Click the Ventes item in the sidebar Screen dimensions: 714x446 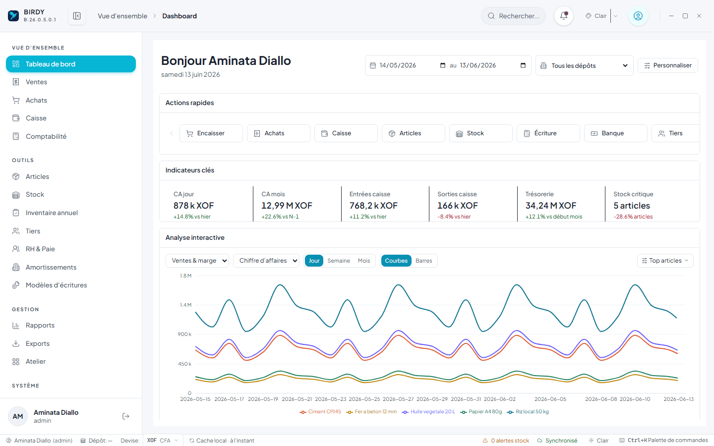point(36,82)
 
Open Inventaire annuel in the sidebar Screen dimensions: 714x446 point(52,213)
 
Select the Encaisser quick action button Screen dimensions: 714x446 point(211,133)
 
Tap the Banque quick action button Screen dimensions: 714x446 point(615,133)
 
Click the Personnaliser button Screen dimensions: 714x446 point(668,65)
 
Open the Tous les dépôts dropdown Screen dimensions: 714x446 point(584,65)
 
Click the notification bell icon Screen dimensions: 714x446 point(564,16)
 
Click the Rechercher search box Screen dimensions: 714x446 point(513,16)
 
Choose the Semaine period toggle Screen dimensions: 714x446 point(339,261)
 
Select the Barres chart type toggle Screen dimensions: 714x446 point(423,261)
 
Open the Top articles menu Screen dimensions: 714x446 point(665,261)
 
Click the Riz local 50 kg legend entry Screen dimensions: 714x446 point(528,412)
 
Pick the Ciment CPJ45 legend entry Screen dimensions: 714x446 point(320,412)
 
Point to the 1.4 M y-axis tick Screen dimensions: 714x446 point(185,305)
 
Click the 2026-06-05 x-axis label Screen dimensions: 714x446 point(550,399)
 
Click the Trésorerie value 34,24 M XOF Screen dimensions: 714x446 point(551,206)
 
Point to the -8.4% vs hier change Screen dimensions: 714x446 point(454,217)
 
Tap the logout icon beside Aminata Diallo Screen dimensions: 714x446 point(126,416)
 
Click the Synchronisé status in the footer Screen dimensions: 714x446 point(557,441)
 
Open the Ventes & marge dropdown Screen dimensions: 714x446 point(197,261)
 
